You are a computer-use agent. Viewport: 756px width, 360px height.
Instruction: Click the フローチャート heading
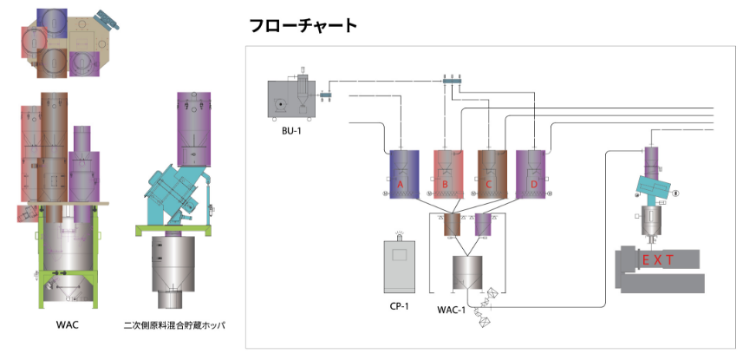tap(303, 25)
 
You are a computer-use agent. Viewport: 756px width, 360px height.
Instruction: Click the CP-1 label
tap(400, 305)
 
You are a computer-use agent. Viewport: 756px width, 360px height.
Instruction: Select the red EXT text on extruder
tap(658, 259)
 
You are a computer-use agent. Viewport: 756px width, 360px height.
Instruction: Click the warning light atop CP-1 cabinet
tap(400, 233)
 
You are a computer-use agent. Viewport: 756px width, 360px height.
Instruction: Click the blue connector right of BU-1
tap(327, 95)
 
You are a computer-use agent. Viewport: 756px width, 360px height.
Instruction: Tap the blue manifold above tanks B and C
tap(451, 81)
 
